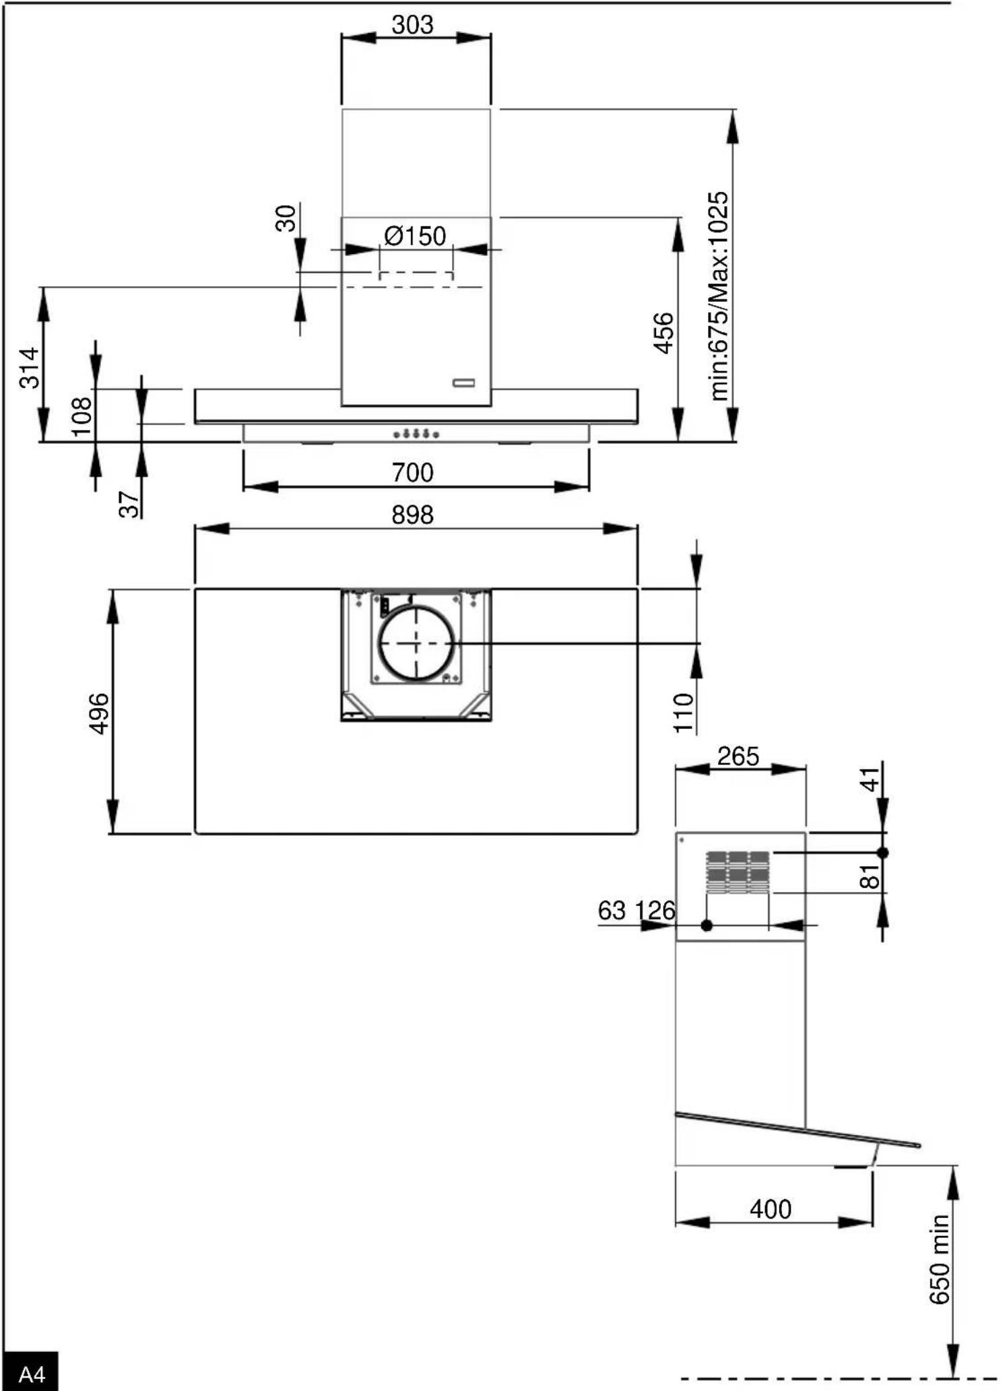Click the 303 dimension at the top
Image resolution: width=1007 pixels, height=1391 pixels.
[x=412, y=25]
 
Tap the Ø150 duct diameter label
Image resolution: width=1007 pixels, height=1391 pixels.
[x=415, y=236]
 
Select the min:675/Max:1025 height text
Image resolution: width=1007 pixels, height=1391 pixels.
[x=719, y=296]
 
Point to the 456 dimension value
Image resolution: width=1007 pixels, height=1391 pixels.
[x=664, y=333]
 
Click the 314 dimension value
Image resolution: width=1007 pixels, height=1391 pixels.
[x=30, y=368]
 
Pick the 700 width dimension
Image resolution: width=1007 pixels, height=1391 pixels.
[x=412, y=473]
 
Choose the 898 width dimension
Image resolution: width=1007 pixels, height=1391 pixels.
[x=412, y=515]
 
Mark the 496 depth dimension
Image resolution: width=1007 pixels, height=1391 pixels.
[x=99, y=713]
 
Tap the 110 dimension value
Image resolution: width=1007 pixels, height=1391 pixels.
[x=683, y=713]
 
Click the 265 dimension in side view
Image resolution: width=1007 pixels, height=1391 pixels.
[x=738, y=756]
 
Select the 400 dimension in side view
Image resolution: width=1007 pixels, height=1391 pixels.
[x=771, y=1210]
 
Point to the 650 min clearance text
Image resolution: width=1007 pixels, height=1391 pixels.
[x=940, y=1260]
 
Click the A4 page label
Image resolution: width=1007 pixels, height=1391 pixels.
[x=31, y=1373]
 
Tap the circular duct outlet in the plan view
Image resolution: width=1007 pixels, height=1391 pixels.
[x=415, y=643]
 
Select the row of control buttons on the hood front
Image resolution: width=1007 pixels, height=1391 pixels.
[x=416, y=434]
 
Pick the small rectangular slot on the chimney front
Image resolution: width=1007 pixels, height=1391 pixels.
[x=463, y=383]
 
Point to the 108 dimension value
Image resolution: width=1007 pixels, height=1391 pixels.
[x=82, y=417]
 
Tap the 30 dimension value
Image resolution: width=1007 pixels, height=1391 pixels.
[x=286, y=218]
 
